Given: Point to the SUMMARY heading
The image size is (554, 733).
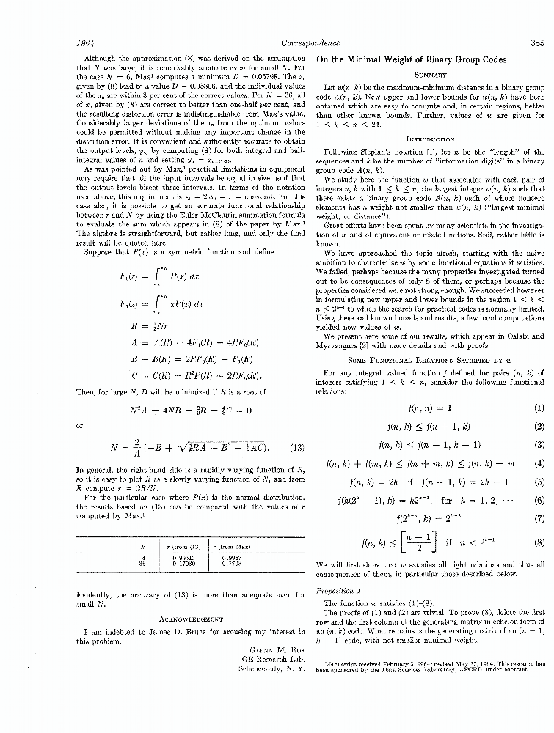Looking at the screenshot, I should (x=431, y=75).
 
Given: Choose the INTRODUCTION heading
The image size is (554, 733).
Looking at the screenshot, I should (x=430, y=139).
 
